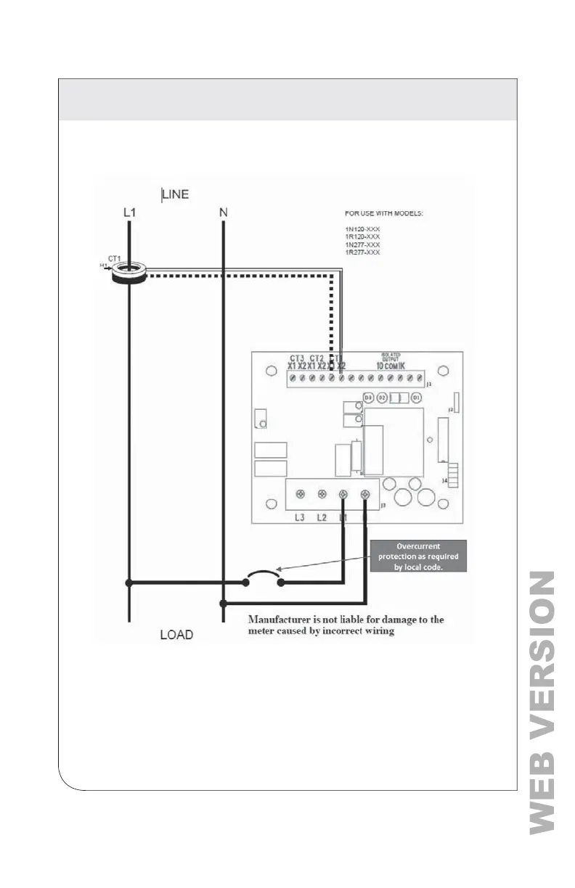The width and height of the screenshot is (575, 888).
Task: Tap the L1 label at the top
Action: click(x=129, y=214)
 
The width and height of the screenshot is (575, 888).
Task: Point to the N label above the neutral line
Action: click(x=223, y=214)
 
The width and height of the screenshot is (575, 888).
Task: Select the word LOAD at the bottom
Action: click(x=176, y=635)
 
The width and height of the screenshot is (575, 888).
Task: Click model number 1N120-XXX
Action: click(x=362, y=229)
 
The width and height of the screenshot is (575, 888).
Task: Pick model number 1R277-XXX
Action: click(x=362, y=252)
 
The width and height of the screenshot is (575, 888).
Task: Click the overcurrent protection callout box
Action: click(x=417, y=556)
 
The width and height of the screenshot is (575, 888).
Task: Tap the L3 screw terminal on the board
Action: click(x=299, y=494)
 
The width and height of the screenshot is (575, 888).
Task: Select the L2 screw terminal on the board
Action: click(x=321, y=494)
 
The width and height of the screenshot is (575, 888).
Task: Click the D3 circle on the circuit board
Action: click(x=368, y=398)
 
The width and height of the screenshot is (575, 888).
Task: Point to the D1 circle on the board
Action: click(x=417, y=398)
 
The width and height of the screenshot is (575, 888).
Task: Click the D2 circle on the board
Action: click(x=382, y=398)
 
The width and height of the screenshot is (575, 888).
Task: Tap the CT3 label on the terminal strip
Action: click(x=296, y=358)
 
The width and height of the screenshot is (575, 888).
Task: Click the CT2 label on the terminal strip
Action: click(x=317, y=358)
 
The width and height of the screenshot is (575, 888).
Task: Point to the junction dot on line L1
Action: click(x=129, y=583)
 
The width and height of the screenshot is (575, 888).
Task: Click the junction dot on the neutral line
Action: click(x=223, y=603)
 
